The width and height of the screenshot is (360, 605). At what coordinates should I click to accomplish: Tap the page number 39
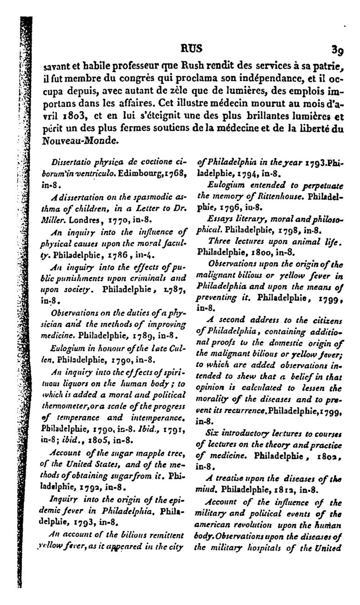click(x=337, y=48)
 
